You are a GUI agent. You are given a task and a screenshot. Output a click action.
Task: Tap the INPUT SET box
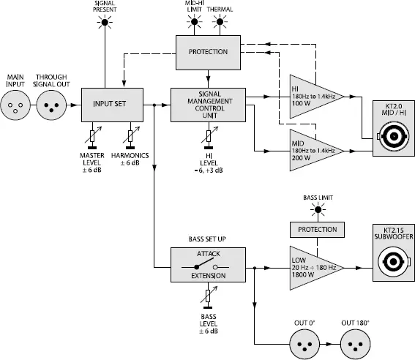(109, 105)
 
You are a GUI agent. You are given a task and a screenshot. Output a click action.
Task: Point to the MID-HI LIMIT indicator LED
(195, 23)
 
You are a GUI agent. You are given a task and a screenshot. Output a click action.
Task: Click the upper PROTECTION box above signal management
(209, 52)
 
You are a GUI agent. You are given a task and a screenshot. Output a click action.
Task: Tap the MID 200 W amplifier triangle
(313, 151)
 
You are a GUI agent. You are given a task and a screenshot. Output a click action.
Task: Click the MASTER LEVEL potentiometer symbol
(93, 135)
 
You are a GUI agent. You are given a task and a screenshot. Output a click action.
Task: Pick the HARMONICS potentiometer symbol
(130, 135)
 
